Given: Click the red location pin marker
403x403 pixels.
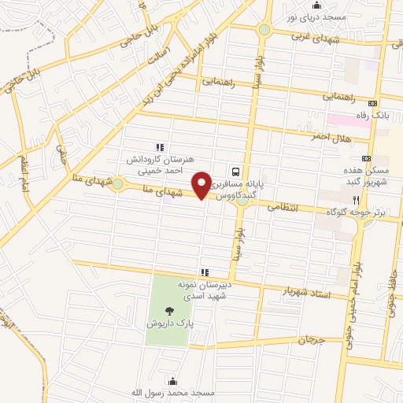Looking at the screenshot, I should coord(204,184).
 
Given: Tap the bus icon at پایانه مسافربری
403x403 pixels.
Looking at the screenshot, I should coord(235,172).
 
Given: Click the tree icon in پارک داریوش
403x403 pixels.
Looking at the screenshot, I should coord(171,310).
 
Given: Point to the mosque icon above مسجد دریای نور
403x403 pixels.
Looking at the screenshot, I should coord(317,5).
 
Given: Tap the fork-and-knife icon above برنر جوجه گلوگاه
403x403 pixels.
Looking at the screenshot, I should coord(357,201).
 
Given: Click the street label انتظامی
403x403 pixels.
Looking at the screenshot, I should coord(283,209).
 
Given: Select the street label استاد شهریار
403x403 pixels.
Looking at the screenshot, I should coord(309,294).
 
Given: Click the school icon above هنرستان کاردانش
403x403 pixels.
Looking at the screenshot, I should coord(160,146).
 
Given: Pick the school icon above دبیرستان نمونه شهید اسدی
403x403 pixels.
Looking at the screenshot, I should coord(205,272).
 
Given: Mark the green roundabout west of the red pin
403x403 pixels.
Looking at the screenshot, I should coord(117,184).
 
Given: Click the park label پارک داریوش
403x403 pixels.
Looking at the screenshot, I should coord(169,324).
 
